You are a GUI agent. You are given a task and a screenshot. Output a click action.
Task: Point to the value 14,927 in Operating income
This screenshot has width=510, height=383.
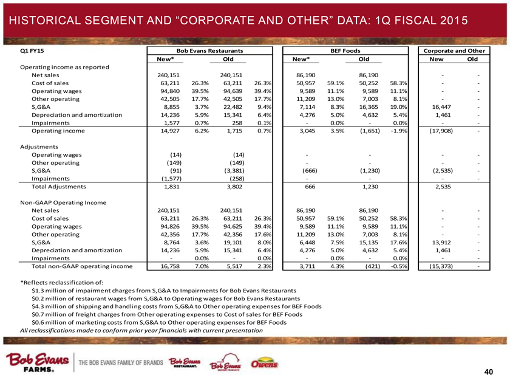[x=158, y=131]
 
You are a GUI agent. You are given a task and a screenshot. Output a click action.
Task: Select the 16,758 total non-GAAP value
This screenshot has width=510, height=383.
[x=158, y=266]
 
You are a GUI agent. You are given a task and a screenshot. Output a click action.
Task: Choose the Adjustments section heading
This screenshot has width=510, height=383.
[x=41, y=147]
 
